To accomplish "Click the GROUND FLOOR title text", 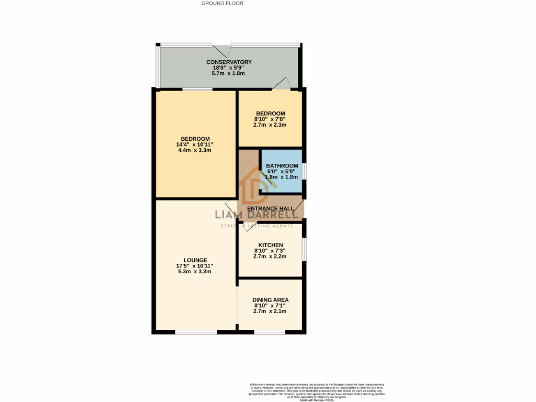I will [x=222, y=3].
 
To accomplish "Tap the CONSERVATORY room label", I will [x=229, y=62].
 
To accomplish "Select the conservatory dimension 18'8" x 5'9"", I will [x=229, y=68].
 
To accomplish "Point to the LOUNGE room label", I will [x=195, y=260].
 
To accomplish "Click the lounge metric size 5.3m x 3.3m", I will [x=195, y=272].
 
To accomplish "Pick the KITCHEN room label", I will [x=271, y=245].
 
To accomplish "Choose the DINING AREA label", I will [x=271, y=300].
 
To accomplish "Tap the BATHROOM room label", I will [x=282, y=166].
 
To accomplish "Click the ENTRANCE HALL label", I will [x=271, y=208].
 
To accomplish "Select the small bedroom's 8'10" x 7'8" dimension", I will [x=271, y=119].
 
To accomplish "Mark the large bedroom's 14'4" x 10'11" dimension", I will [x=195, y=144].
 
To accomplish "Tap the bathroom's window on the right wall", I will [x=305, y=171].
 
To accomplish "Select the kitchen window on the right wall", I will [x=305, y=248].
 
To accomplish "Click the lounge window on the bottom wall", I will [x=196, y=332].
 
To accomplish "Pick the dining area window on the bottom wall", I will [x=270, y=332].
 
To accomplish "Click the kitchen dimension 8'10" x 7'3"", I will [x=271, y=251].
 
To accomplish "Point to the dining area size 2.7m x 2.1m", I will [x=271, y=311].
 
